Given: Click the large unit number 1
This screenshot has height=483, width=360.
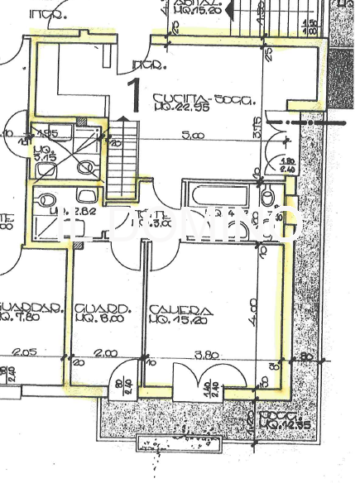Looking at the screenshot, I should [133, 93].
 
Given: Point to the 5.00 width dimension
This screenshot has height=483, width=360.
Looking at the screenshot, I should [193, 135].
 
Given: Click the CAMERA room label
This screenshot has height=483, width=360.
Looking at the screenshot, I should [180, 312].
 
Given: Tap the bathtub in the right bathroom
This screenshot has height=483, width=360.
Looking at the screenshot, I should [216, 197].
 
